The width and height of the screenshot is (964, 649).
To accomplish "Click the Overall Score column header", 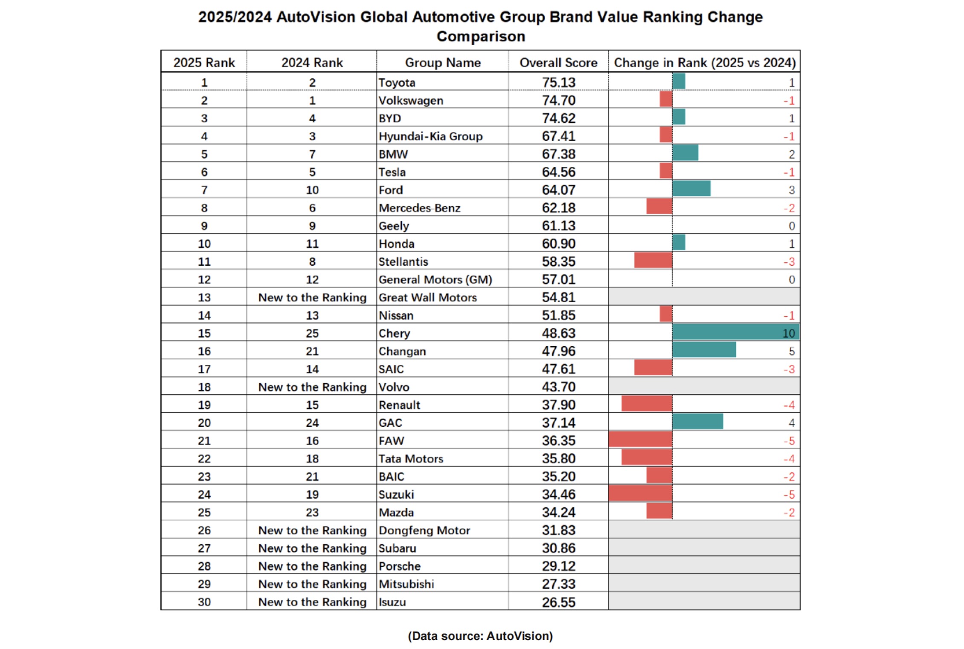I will [558, 63].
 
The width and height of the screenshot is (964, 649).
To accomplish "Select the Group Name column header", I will [442, 63].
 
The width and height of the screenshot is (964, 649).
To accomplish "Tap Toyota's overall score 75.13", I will [558, 82].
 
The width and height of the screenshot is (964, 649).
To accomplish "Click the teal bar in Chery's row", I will [735, 333].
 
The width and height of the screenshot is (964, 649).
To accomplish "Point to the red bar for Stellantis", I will [653, 261].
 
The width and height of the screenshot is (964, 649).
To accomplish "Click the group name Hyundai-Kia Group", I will [430, 136].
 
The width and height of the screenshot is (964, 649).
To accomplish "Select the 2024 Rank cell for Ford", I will [312, 190].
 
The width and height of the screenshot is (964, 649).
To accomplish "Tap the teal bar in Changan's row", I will [704, 351].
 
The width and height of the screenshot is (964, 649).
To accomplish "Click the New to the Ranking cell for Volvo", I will [312, 387].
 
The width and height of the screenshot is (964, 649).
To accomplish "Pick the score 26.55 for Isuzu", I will [558, 602].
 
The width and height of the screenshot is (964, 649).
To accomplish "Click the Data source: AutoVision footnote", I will [480, 636].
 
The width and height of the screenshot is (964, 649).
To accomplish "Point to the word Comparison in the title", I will [481, 37].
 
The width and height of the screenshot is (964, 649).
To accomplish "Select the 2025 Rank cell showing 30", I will [204, 602].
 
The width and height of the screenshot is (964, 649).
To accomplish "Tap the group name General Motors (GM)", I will [435, 279].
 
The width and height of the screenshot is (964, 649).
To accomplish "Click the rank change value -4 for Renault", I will [789, 405].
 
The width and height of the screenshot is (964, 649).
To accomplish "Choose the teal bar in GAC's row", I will [697, 422].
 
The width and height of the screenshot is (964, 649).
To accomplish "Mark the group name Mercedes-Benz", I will [419, 208].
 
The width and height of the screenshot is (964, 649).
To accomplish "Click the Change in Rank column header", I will [704, 63].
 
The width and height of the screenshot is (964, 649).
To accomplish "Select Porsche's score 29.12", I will [558, 566].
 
